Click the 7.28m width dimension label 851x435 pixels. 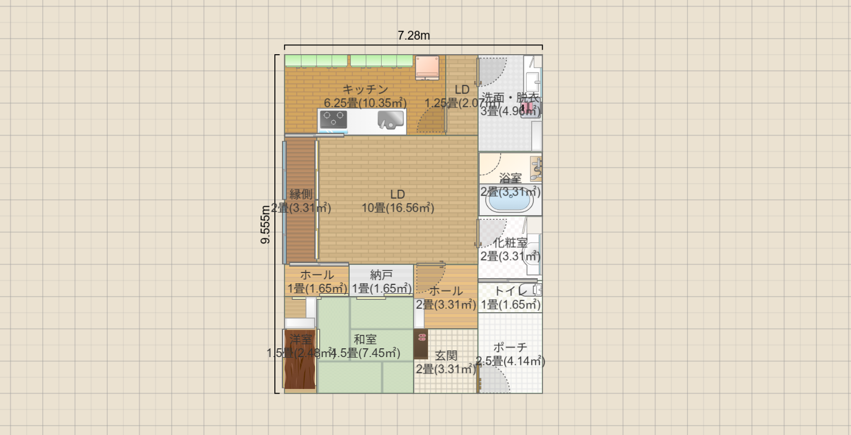click(413, 36)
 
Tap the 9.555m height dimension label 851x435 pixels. click(265, 224)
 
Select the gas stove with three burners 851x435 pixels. click(333, 120)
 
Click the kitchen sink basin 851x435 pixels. click(390, 120)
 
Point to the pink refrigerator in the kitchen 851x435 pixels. click(427, 68)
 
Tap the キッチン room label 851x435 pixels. click(365, 90)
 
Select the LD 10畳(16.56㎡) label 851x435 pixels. click(398, 201)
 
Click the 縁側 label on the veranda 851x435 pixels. click(301, 195)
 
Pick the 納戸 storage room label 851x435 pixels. click(381, 275)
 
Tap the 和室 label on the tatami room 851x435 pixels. click(365, 340)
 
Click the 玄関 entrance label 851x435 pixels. click(446, 356)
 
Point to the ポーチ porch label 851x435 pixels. click(510, 347)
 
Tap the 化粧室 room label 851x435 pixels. click(510, 243)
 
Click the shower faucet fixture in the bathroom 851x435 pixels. click(536, 168)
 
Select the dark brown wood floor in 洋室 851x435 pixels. click(300, 366)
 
